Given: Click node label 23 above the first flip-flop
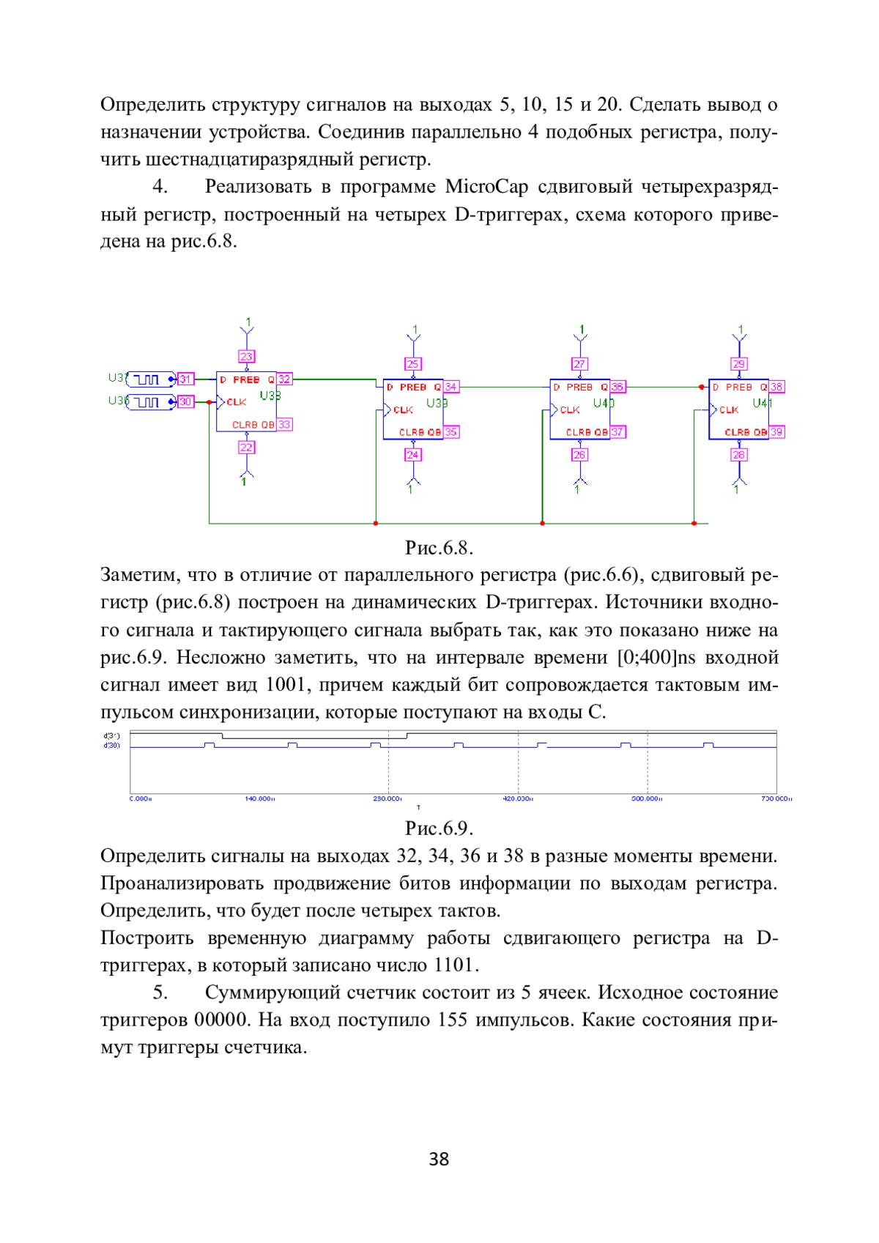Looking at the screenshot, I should (x=246, y=357).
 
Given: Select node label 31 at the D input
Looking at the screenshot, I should (x=185, y=379).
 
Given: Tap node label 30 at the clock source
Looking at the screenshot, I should (x=185, y=401).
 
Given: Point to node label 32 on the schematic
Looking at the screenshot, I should (x=284, y=379).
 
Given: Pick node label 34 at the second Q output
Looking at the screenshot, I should (x=451, y=387).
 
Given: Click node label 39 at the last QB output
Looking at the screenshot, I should (x=776, y=432).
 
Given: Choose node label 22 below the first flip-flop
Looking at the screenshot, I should (x=247, y=447).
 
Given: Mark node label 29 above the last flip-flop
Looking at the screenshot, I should (x=738, y=364).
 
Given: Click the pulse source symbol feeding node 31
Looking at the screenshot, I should (x=150, y=379).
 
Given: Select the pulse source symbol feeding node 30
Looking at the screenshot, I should (x=150, y=402).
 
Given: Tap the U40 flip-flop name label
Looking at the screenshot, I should (x=604, y=403).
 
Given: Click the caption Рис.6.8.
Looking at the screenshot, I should (x=439, y=548).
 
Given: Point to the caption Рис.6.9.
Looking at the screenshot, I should (x=439, y=828).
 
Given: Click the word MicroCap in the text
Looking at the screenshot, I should (x=486, y=187).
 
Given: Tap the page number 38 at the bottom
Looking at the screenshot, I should (x=439, y=1159).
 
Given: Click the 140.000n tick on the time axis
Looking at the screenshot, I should (x=259, y=799).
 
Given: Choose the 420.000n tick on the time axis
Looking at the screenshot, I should (x=518, y=799).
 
